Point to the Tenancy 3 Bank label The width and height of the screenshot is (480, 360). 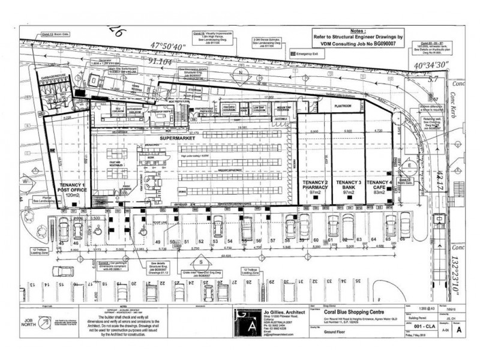[348, 187]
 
